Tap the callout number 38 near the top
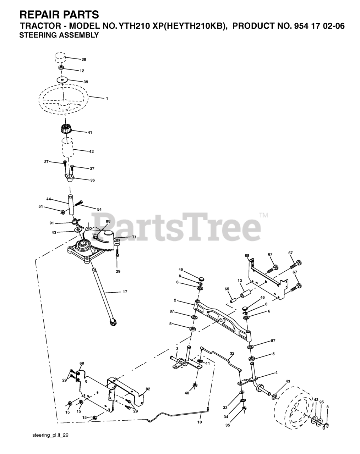[84, 60]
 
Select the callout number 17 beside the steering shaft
[125, 292]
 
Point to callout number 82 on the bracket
[148, 389]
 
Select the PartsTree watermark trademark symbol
[263, 215]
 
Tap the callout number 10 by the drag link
[199, 422]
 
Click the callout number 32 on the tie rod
[232, 353]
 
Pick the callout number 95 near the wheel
[321, 402]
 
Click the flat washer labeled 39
[62, 81]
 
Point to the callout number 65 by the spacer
[227, 289]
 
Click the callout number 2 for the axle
[175, 300]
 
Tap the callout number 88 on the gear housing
[108, 221]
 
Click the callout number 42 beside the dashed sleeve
[91, 151]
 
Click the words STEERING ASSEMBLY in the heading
[59, 35]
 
